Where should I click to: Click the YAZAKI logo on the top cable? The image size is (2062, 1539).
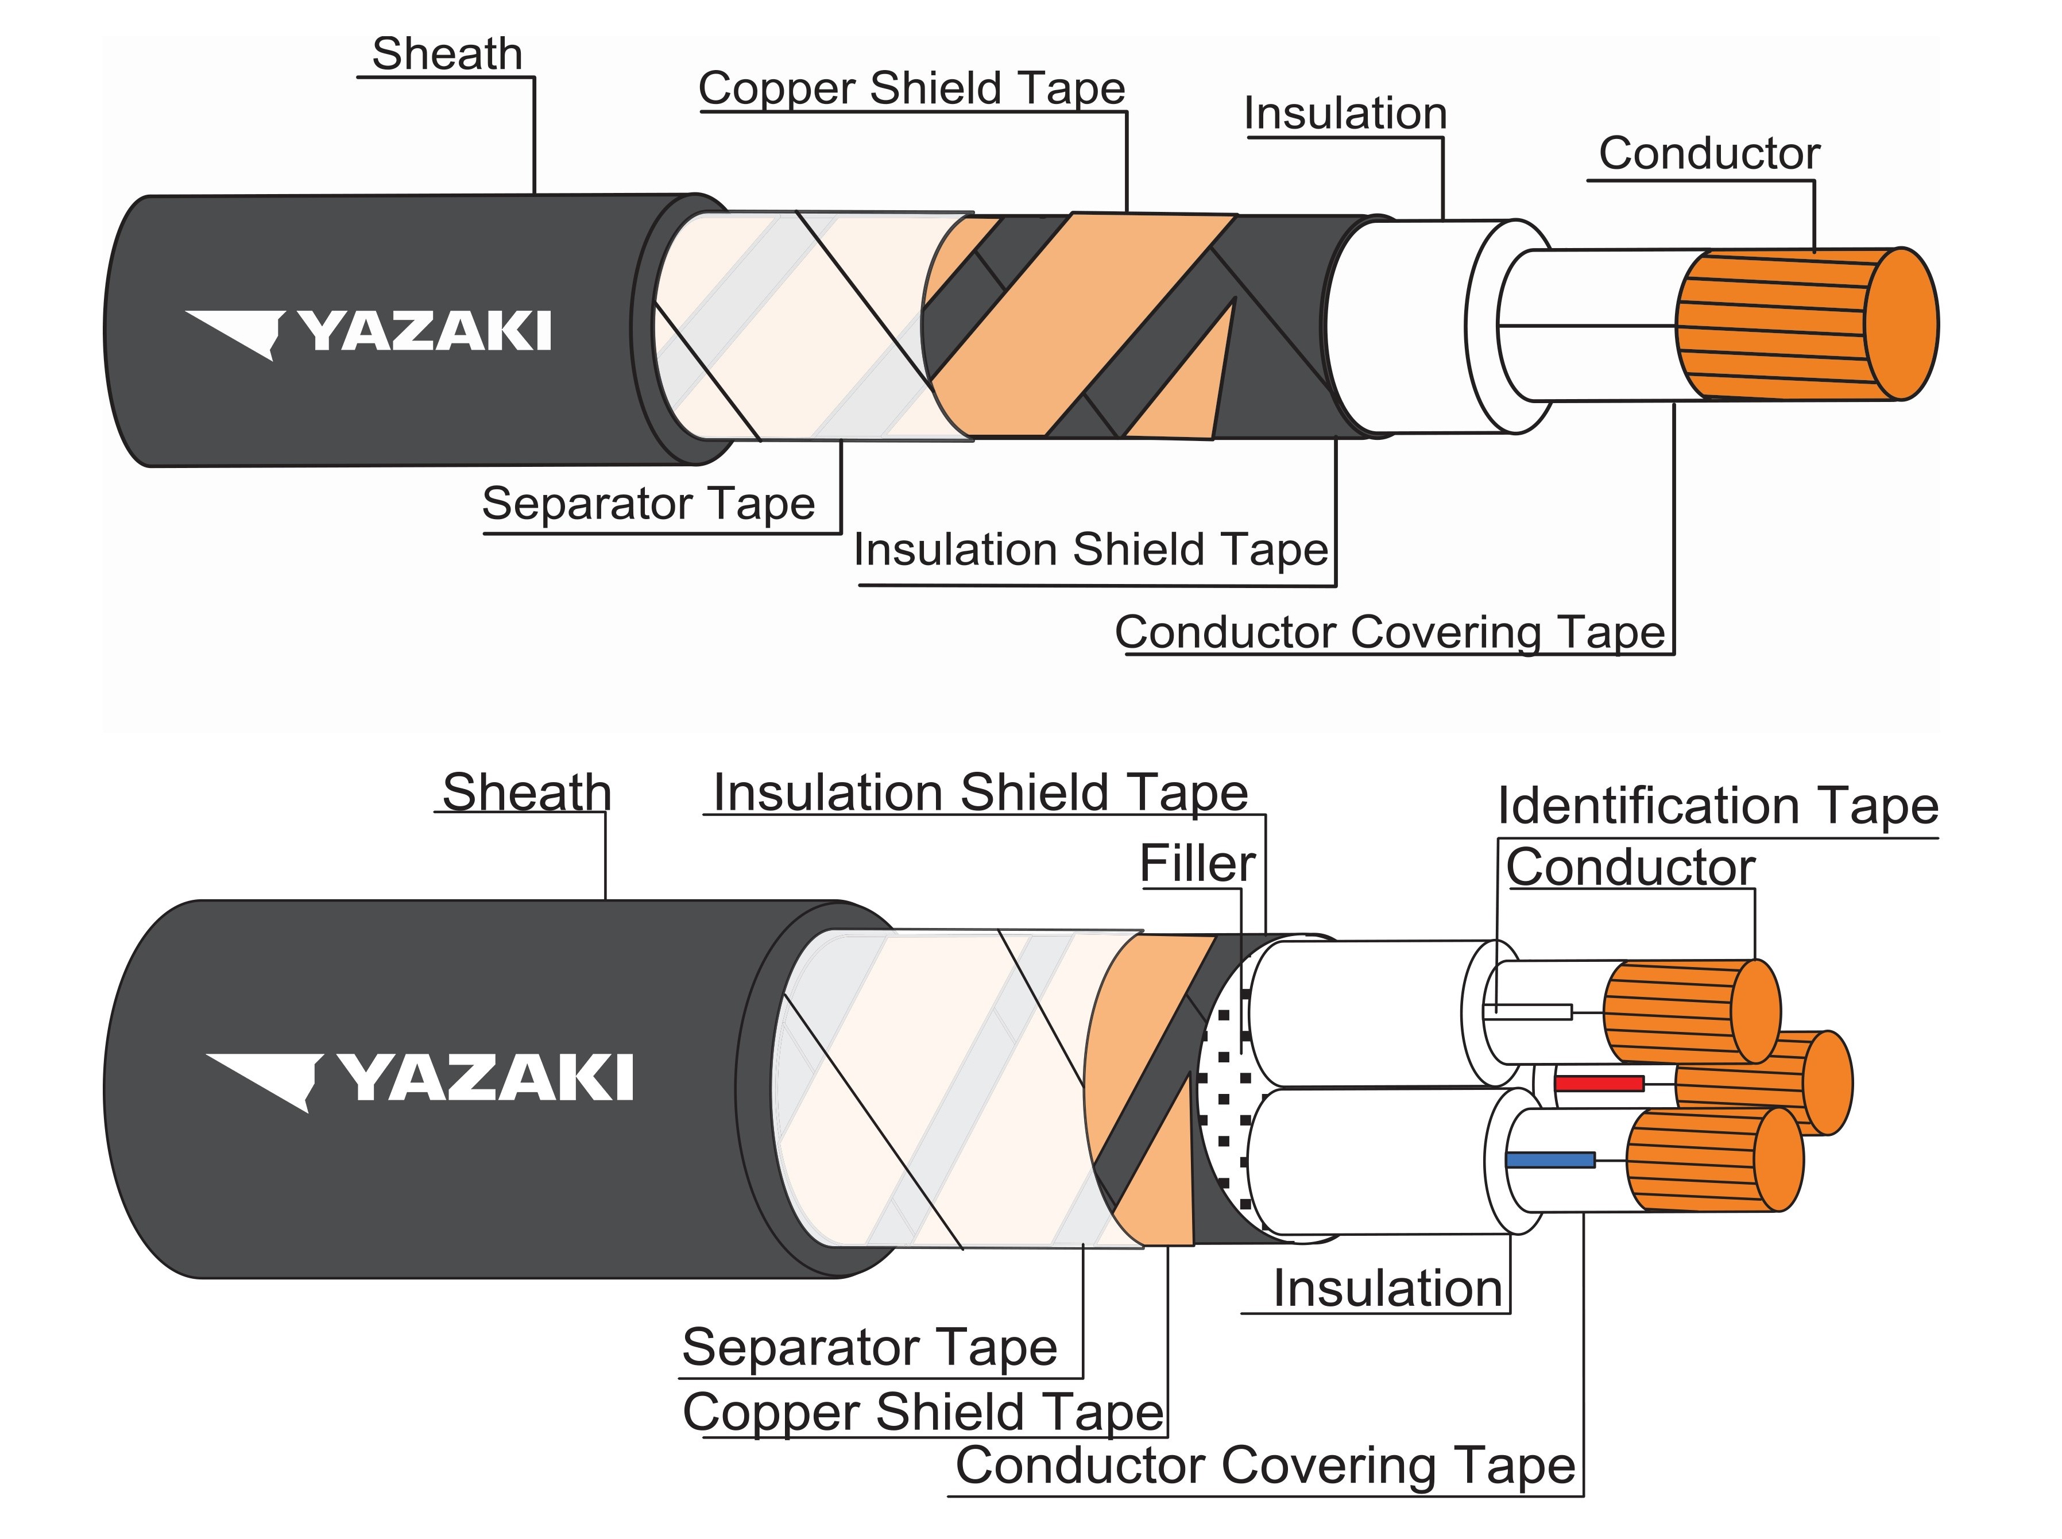(x=369, y=332)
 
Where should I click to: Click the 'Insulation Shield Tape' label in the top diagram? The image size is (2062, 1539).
(x=1090, y=550)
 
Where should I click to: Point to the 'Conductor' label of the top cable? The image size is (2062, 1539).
(x=1708, y=154)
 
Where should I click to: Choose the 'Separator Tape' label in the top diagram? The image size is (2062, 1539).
(x=648, y=504)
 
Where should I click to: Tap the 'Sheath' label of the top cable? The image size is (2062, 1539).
(x=447, y=54)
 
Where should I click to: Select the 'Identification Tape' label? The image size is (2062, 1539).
(x=1717, y=807)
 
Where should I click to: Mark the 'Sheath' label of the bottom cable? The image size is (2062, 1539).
(x=526, y=793)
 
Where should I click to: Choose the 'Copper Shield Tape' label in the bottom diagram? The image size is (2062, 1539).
(x=923, y=1412)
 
